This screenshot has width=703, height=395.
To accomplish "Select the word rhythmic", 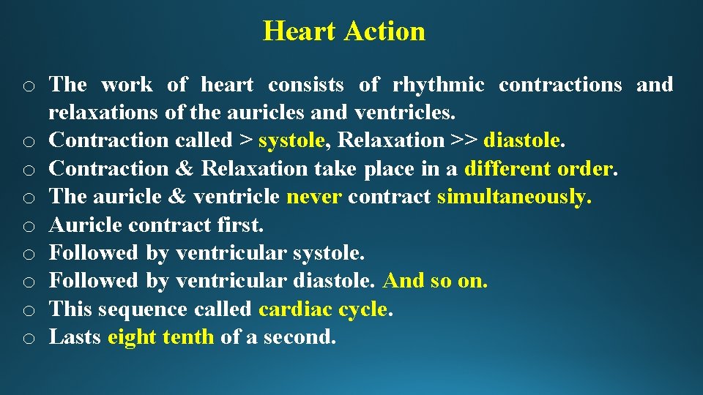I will (x=438, y=85).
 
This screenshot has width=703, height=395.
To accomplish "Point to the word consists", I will (x=305, y=85).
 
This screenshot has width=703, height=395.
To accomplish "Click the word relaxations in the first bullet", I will (x=103, y=113).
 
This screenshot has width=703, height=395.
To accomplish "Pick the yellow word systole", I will (x=291, y=140).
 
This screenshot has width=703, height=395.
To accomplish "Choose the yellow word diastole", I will (x=524, y=140).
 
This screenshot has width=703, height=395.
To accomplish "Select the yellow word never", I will (x=314, y=197).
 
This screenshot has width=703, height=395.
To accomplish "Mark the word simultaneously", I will (x=514, y=197).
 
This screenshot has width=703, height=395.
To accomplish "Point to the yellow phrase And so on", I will (x=435, y=281).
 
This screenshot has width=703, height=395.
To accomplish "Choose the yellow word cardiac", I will (x=295, y=309).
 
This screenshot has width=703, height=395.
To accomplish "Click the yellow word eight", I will (x=131, y=337).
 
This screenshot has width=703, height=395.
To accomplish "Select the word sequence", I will (x=144, y=309).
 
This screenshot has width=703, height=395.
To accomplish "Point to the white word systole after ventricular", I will (x=328, y=253).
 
